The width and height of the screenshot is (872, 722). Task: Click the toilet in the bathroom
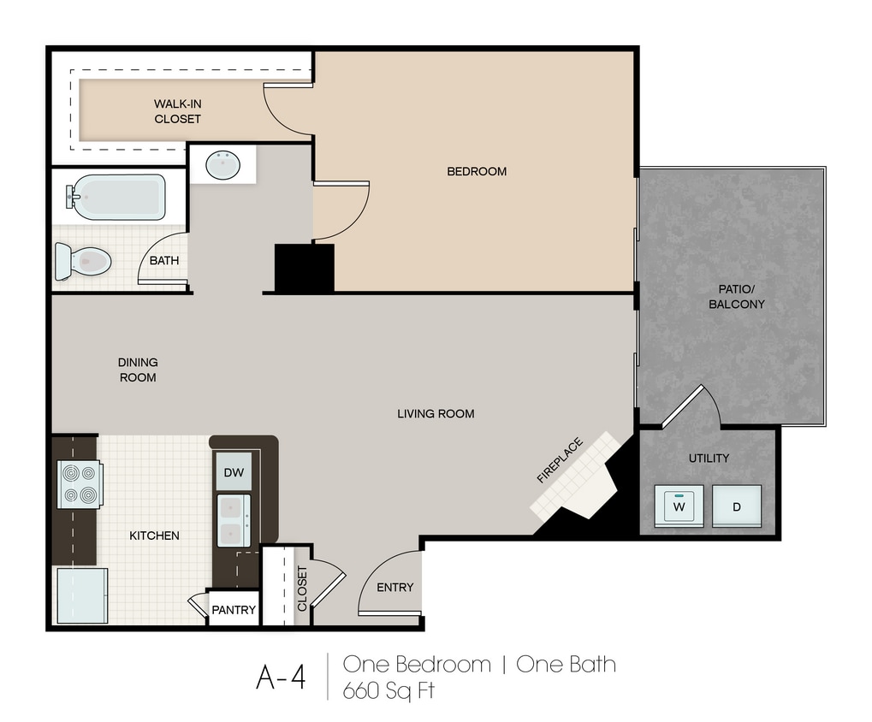(83, 261)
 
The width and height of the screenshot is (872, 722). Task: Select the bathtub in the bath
(116, 198)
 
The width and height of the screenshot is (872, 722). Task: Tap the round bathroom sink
(223, 164)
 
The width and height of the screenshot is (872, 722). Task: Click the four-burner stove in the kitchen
(80, 484)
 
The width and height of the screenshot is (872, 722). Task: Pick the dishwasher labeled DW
(234, 472)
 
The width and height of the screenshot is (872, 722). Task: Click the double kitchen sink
(234, 521)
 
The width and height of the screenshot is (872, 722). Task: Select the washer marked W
(679, 506)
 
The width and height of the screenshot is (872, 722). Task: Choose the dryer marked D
(737, 506)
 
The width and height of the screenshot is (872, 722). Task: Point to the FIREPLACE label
(560, 460)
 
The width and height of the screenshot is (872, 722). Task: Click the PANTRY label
(234, 610)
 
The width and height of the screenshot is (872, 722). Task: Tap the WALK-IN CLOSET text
(177, 111)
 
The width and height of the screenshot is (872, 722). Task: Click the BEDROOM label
(477, 171)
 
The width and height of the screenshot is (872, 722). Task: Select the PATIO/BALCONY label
(736, 296)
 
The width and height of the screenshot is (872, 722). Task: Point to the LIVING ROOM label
(436, 413)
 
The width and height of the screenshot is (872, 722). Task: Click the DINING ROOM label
(138, 370)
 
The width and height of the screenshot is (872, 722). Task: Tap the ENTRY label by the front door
(394, 587)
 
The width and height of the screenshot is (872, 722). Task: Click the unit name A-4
(281, 677)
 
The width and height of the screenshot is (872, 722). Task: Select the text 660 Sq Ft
(389, 691)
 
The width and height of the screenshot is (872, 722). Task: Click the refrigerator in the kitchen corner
(82, 595)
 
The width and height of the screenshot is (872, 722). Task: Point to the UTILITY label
(709, 458)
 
